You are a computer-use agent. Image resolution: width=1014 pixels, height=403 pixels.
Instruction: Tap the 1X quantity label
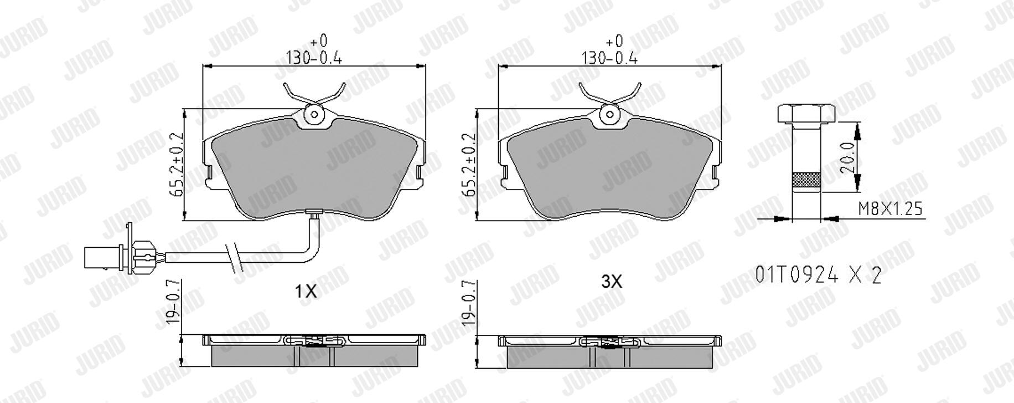click(306, 290)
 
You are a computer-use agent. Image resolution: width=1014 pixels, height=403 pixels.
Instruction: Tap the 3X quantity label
click(612, 282)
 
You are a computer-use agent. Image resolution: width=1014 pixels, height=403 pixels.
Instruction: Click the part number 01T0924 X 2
click(818, 274)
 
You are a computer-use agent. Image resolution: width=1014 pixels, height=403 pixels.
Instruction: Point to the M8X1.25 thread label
click(890, 208)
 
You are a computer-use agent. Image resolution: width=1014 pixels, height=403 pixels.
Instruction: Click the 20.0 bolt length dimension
click(847, 156)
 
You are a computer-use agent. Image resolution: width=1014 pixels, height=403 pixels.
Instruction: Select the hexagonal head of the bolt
click(806, 113)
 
